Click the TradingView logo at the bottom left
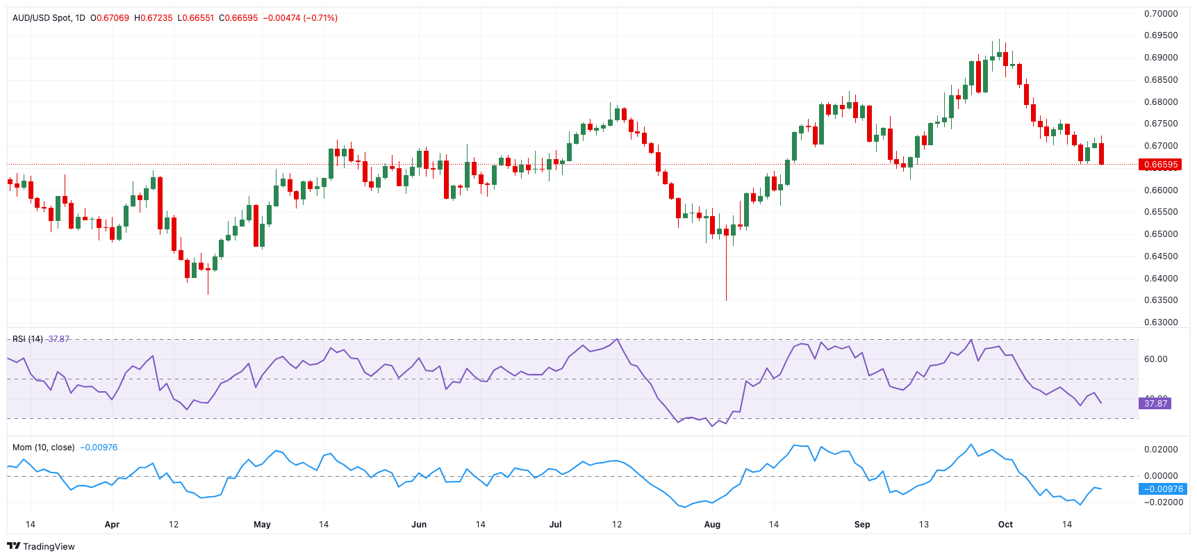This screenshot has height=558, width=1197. pos(40,546)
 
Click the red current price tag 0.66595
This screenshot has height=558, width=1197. pos(1160,165)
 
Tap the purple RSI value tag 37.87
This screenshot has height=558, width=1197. pos(1155,403)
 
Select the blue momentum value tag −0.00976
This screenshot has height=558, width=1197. pos(1163,489)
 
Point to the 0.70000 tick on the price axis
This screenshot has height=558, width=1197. pos(1161,14)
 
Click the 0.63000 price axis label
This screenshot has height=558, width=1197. pos(1161,322)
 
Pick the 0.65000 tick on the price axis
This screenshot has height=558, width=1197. pos(1161,234)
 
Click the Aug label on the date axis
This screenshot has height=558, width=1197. pos(712,525)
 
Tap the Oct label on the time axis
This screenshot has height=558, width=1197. pos(1005,525)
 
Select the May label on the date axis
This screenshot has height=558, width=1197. pos(262,525)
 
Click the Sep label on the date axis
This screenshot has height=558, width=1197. pos(862,525)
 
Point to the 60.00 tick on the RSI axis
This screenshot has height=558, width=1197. pos(1156,359)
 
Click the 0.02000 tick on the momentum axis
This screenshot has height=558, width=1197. pos(1161,450)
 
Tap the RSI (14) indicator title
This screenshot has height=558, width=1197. pos(28,339)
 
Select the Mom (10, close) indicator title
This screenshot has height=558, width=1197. pos(43,448)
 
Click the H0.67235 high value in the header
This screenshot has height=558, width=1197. pos(153,18)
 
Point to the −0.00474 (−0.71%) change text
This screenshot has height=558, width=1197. pos(300,18)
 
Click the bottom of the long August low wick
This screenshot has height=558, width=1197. pos(726,299)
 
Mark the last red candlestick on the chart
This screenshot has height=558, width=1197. pos(1102,154)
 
